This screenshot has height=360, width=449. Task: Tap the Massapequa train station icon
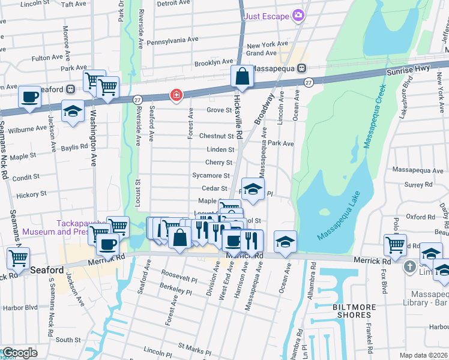pyautogui.click(x=303, y=69)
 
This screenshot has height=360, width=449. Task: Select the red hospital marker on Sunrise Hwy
pyautogui.click(x=176, y=95)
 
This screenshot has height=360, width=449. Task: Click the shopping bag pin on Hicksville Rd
pyautogui.click(x=242, y=77)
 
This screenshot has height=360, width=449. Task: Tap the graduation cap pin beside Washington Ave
pyautogui.click(x=73, y=111)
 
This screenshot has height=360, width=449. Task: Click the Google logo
pyautogui.click(x=20, y=353)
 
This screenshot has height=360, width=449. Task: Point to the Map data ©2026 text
pyautogui.click(x=423, y=355)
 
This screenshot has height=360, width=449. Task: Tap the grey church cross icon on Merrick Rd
pyautogui.click(x=410, y=266)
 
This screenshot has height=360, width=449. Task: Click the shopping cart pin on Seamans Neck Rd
pyautogui.click(x=19, y=258)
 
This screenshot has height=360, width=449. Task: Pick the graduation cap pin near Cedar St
pyautogui.click(x=253, y=188)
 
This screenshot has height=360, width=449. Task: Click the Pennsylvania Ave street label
pyautogui.click(x=172, y=40)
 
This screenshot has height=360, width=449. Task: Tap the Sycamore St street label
pyautogui.click(x=211, y=176)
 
